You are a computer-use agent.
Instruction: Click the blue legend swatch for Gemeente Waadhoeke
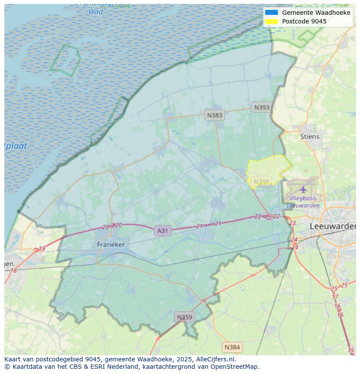pyautogui.click(x=271, y=13)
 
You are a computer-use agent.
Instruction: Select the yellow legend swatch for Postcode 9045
pyautogui.click(x=271, y=21)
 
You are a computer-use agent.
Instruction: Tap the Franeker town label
pyautogui.click(x=110, y=245)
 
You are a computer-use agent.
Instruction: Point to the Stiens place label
pyautogui.click(x=310, y=136)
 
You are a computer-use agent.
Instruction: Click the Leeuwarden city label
pyautogui.click(x=333, y=226)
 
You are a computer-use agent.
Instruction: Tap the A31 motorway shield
pyautogui.click(x=162, y=231)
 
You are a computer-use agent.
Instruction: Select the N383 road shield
pyautogui.click(x=214, y=115)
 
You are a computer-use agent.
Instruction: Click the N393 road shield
pyautogui.click(x=262, y=107)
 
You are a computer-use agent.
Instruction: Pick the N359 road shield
pyautogui.click(x=184, y=317)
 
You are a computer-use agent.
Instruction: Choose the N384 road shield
pyautogui.click(x=231, y=347)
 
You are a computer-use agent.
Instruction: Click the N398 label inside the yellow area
pyautogui.click(x=261, y=182)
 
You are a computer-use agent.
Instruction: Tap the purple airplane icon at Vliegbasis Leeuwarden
pyautogui.click(x=303, y=190)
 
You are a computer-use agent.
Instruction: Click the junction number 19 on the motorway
pyautogui.click(x=42, y=249)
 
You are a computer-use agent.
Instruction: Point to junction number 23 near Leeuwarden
pyautogui.click(x=292, y=223)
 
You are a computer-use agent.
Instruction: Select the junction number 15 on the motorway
pyautogui.click(x=351, y=350)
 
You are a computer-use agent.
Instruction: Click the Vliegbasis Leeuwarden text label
pyautogui.click(x=303, y=202)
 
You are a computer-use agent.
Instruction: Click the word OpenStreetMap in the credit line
pyautogui.click(x=234, y=366)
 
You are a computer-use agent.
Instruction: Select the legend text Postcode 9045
pyautogui.click(x=304, y=21)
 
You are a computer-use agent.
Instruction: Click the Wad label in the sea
pyautogui.click(x=96, y=12)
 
